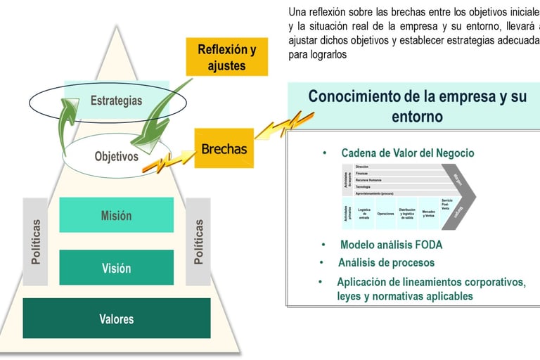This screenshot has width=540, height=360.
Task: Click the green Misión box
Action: (116, 215)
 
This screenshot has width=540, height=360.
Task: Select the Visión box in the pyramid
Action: (116, 268)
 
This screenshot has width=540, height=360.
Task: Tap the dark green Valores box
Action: (116, 319)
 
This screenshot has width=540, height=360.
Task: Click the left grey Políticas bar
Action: (35, 241)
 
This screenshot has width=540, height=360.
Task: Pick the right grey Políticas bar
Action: (198, 241)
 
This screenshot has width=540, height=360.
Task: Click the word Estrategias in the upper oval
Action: (116, 101)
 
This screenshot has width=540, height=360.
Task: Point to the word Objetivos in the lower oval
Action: (116, 156)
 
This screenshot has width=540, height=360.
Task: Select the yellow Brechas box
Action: (224, 148)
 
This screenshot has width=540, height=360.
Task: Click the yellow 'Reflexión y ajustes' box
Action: (226, 57)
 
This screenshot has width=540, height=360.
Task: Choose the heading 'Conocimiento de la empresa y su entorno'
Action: (417, 105)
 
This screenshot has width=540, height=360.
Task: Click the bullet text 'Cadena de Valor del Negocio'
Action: (407, 153)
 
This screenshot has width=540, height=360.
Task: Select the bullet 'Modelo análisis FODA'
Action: (391, 245)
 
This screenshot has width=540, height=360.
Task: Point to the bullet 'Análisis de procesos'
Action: (386, 263)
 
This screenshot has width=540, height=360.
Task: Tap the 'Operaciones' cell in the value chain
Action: (385, 213)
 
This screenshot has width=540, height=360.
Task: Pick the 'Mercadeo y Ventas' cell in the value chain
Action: (428, 214)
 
